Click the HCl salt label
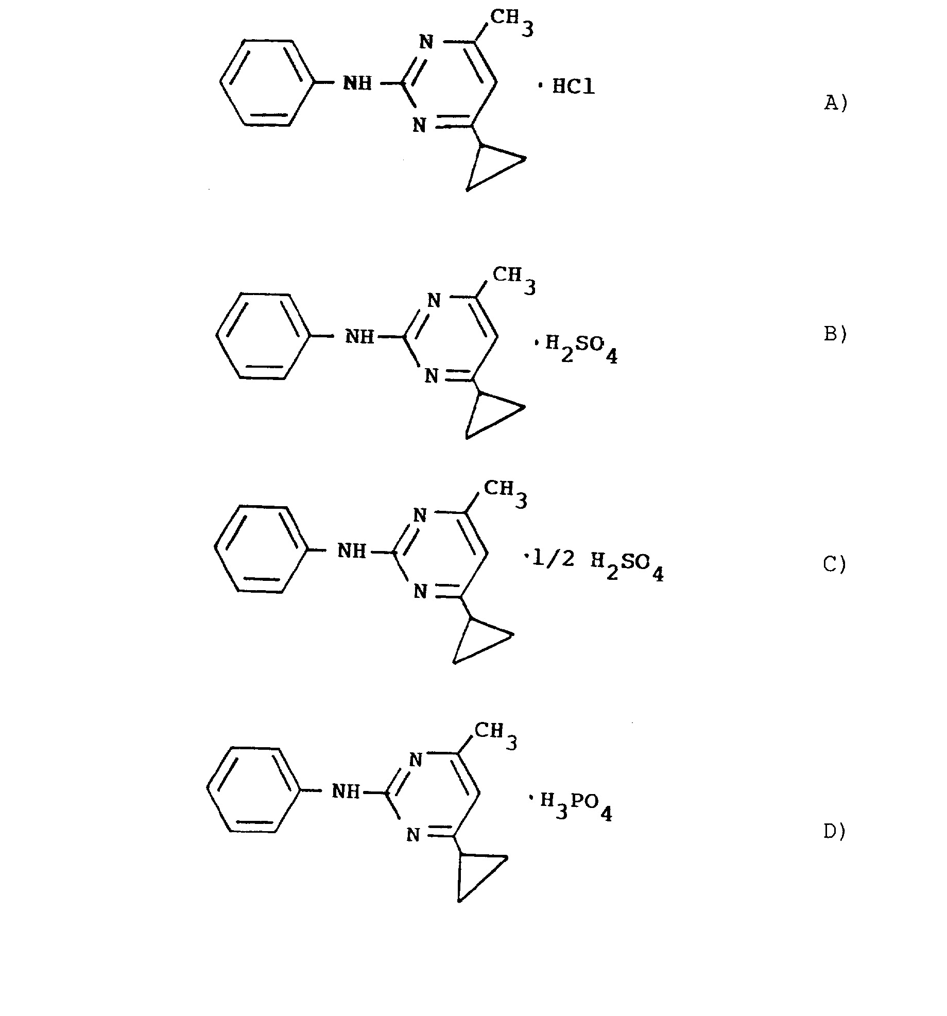tap(573, 87)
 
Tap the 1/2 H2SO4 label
tap(599, 564)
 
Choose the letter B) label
tap(835, 334)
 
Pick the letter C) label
tap(835, 565)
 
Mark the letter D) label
tap(835, 846)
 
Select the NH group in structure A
tap(357, 83)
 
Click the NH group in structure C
tap(352, 551)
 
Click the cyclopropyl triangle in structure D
tap(479, 875)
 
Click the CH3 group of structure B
tap(514, 281)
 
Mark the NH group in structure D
tap(346, 791)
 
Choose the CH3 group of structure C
tap(506, 495)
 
